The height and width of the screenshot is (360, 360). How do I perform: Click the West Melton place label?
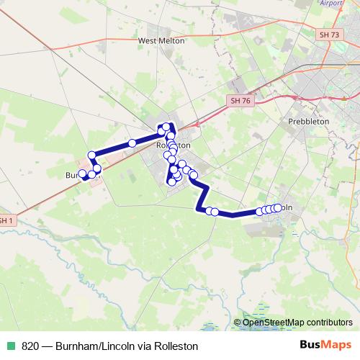tap(161, 41)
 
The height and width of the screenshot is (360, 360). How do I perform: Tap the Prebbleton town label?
tap(308, 122)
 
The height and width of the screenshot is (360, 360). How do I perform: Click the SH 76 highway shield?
tap(241, 102)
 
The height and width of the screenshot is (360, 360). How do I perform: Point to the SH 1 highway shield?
tap(6, 220)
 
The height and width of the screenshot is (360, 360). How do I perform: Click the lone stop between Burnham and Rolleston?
tap(132, 144)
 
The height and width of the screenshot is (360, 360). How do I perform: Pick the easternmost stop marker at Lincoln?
tap(278, 208)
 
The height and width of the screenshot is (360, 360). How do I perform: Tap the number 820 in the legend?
tap(30, 346)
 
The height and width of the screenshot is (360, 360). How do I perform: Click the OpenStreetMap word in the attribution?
tap(271, 322)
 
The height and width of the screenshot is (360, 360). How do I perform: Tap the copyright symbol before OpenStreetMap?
tap(238, 322)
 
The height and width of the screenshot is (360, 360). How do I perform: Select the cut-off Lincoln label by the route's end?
tap(287, 208)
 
